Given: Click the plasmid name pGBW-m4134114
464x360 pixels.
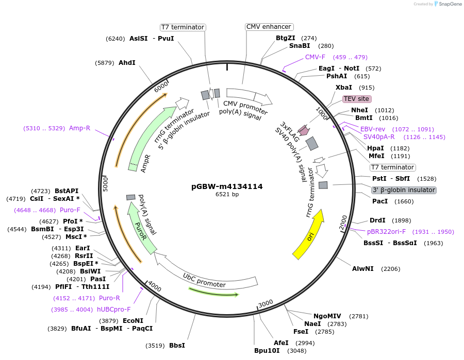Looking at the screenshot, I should tap(227, 186).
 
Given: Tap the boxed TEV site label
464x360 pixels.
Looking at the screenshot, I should tap(357, 98).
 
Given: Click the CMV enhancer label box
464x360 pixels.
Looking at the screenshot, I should tap(269, 27).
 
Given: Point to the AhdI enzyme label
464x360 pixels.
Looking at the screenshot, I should tap(127, 63).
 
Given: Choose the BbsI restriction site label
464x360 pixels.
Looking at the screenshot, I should tap(177, 345).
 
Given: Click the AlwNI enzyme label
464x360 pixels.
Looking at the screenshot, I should tap(363, 269).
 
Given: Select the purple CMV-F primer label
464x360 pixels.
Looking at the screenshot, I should tap(315, 57).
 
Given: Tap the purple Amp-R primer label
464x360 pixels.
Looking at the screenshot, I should tap(80, 128).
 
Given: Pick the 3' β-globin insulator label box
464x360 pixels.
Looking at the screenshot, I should tap(404, 190).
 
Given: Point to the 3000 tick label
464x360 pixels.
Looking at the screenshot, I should tap(266, 303).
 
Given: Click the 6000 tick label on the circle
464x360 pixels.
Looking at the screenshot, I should tap(161, 87).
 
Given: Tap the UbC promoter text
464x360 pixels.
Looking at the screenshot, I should tap(204, 281).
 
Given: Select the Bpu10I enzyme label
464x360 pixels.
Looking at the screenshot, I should tap(267, 351).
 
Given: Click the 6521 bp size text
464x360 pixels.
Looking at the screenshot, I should tap(227, 195).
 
